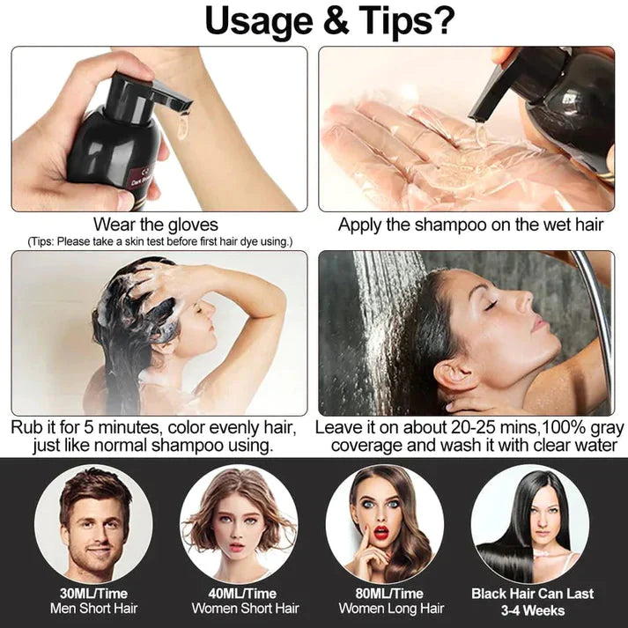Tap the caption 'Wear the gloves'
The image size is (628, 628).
[156, 225]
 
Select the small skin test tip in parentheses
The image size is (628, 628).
[159, 241]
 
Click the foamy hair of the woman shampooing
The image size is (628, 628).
[132, 304]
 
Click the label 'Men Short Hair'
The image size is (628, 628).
[93, 609]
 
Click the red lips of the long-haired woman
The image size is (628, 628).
[380, 533]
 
